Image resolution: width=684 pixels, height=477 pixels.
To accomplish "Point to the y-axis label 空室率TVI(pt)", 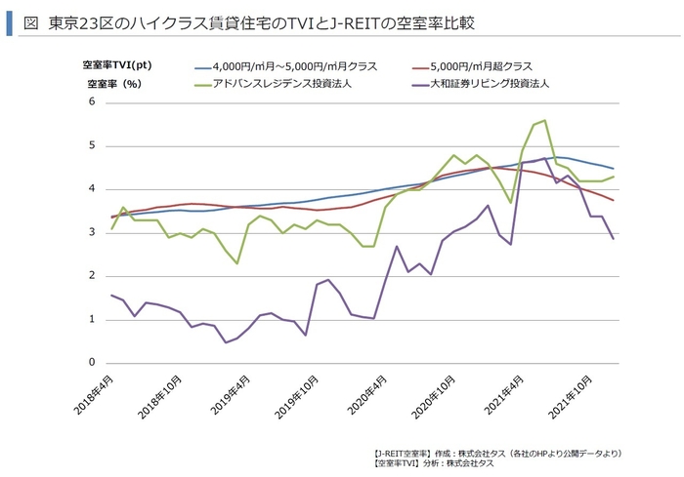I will pos(116,66).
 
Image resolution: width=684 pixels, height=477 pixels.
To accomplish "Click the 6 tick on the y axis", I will pos(92,102).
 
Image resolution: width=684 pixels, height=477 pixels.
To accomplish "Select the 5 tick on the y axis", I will pos(92,146).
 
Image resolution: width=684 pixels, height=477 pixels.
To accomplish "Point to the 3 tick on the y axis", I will pos(92,233).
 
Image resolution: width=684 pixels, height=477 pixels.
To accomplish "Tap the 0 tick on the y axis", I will pos(92,363).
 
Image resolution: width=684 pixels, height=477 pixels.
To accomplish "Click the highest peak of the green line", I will pos(544,121).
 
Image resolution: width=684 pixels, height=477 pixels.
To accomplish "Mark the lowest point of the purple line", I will pos(226,342).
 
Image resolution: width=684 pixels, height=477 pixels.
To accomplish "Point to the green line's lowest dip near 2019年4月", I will pos(236,263).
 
